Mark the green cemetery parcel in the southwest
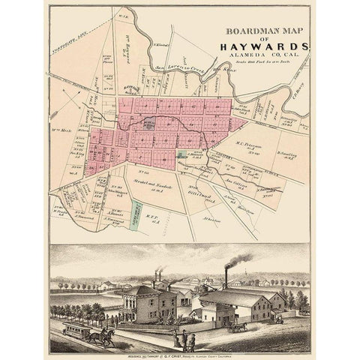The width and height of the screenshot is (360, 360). pyautogui.click(x=136, y=214)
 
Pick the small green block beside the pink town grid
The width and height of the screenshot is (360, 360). pyautogui.click(x=182, y=155)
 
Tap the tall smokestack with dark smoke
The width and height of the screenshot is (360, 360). pyautogui.click(x=225, y=277)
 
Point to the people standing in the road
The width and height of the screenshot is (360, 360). pyautogui.click(x=189, y=341)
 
